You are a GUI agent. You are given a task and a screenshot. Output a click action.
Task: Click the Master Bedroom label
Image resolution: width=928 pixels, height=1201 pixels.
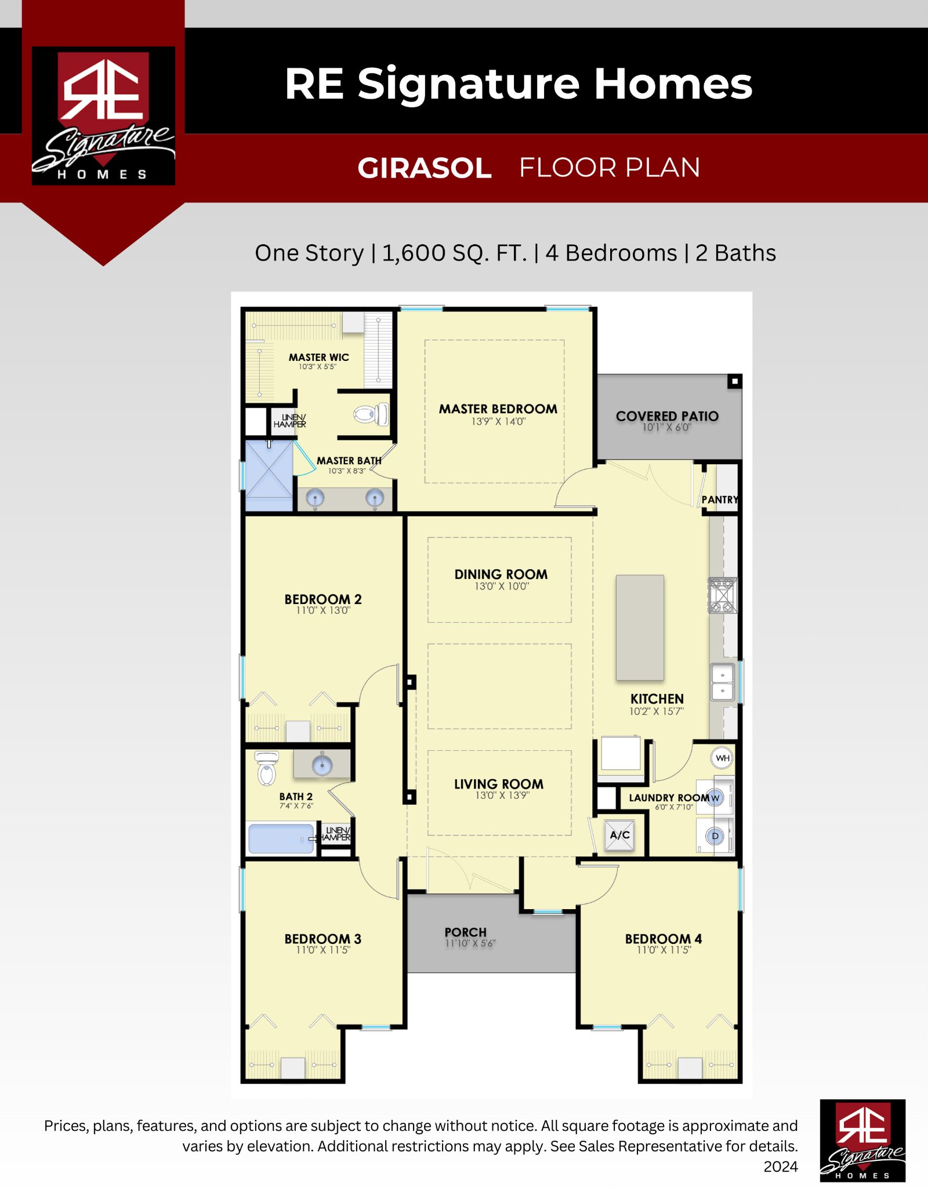coord(498,409)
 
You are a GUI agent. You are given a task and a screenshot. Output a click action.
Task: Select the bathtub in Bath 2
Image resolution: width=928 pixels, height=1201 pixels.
coord(281,838)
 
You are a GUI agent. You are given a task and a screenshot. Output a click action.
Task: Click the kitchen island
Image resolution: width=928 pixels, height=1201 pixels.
coord(640,627)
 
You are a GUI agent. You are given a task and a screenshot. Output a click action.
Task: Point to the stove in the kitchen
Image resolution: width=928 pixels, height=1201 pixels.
coord(723,595)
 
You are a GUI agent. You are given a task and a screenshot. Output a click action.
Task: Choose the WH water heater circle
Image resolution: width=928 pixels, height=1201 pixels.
coord(722,758)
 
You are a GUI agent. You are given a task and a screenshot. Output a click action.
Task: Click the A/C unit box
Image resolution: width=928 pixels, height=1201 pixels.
coord(619,835)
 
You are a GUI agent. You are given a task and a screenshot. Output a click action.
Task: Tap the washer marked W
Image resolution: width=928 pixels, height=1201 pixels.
coord(715,798)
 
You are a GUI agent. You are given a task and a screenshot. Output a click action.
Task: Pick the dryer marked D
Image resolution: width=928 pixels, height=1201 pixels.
coord(715,836)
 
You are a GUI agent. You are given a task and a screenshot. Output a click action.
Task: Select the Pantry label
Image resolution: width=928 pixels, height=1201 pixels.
coord(720,500)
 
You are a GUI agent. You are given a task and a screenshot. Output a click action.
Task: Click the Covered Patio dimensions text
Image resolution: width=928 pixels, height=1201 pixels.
coord(667,428)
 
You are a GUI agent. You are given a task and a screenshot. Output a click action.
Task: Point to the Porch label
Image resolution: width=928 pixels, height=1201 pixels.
coord(466,932)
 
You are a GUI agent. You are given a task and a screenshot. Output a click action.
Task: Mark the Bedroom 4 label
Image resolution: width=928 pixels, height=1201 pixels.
coord(664,939)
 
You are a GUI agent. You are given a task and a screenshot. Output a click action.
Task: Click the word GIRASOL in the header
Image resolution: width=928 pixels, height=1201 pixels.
coord(425,168)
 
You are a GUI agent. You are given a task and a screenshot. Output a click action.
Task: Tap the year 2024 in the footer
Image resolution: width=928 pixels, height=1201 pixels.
coord(781,1167)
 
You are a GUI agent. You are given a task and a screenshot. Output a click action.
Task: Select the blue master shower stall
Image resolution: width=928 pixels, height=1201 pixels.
coord(269,476)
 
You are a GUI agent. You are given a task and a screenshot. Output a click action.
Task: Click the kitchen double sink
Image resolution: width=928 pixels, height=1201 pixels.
coord(723,683)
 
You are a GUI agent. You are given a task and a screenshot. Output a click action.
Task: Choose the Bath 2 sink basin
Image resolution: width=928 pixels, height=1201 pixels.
coord(322,765)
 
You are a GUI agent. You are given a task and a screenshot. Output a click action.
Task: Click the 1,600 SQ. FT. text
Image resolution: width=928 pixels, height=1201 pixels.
coord(455,253)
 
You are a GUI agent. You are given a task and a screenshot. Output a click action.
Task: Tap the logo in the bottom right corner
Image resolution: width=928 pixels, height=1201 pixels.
coord(862,1140)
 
